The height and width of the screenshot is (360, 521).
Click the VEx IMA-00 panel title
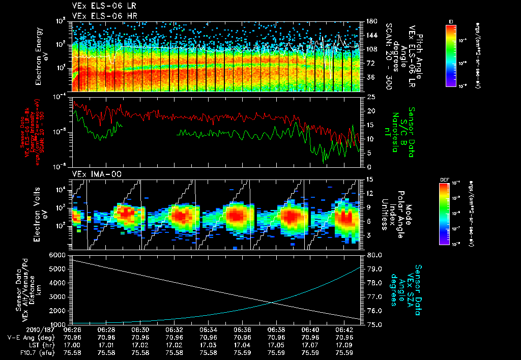point(93,174)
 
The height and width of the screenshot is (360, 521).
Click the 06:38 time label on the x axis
point(276,329)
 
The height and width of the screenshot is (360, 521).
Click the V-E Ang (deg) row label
point(30,337)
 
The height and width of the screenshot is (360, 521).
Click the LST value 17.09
point(343,345)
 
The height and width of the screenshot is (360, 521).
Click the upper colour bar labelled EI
point(451,54)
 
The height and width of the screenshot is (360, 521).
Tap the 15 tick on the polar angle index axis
point(370,179)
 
